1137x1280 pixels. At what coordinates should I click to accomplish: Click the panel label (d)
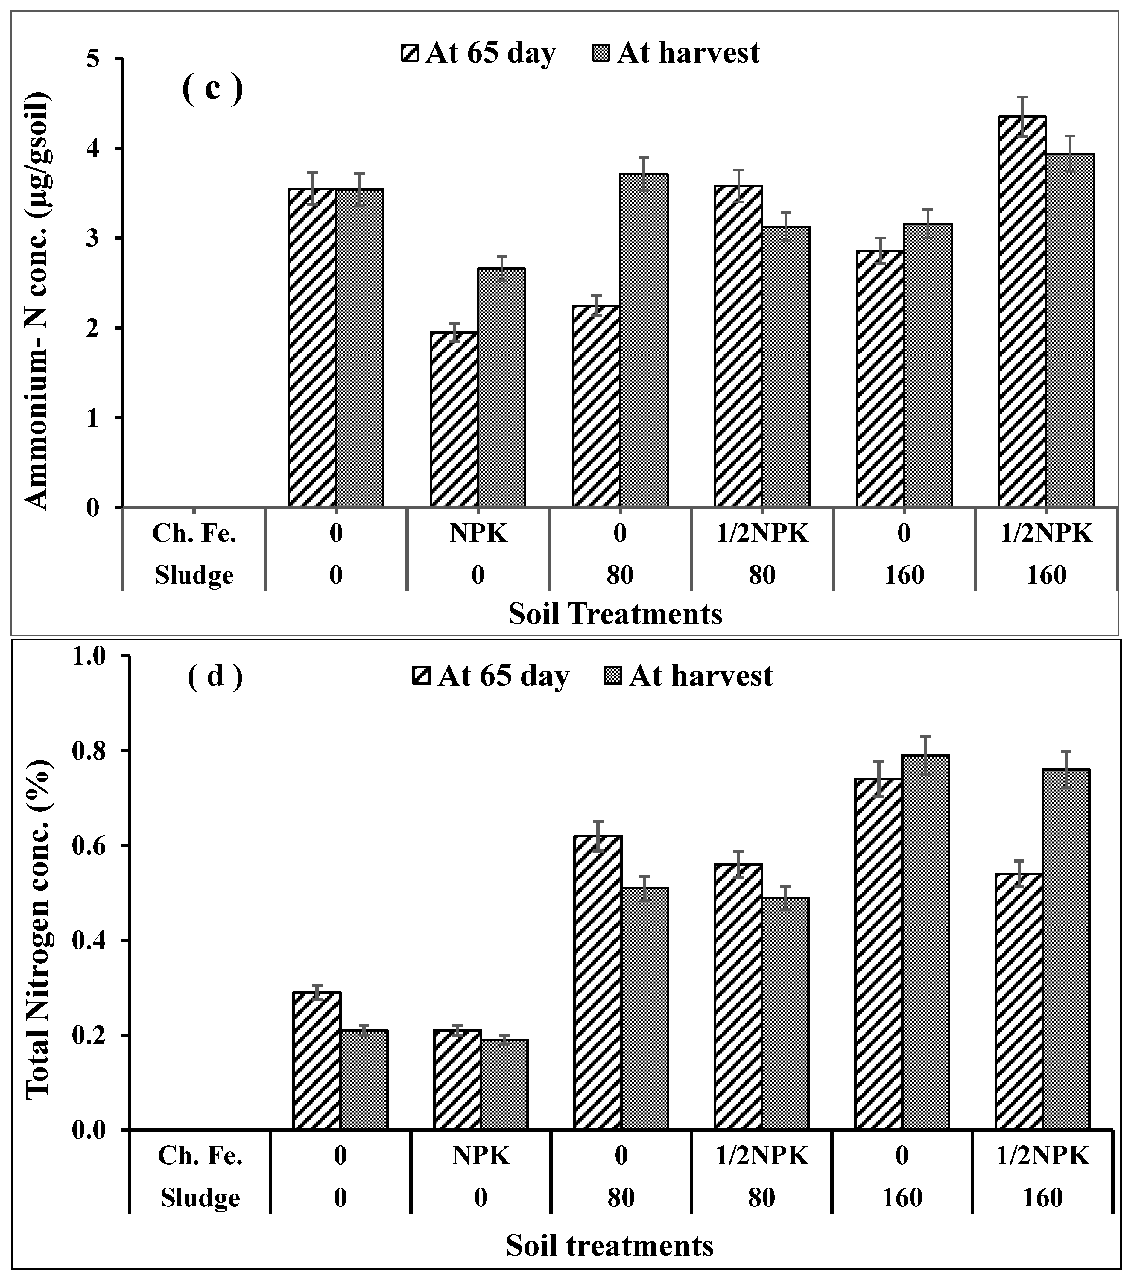point(215,677)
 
